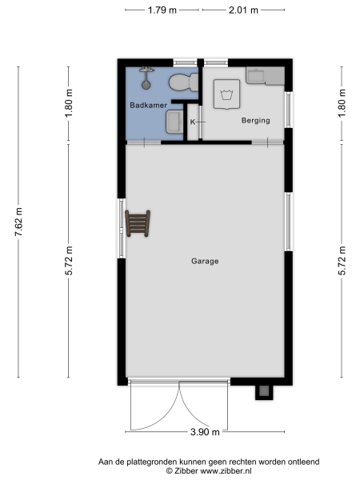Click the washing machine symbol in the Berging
pyautogui.click(x=226, y=95)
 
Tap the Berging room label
pyautogui.click(x=255, y=121)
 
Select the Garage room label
pyautogui.click(x=205, y=262)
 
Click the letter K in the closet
pyautogui.click(x=193, y=122)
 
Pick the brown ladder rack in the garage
pyautogui.click(x=137, y=224)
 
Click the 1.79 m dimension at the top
pyautogui.click(x=162, y=10)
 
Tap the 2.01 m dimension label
pyautogui.click(x=243, y=10)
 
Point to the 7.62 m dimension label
pyautogui.click(x=19, y=222)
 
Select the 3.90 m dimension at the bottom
pyautogui.click(x=205, y=433)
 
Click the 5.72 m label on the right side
pyautogui.click(x=342, y=262)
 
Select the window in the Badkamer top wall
pyautogui.click(x=186, y=62)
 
